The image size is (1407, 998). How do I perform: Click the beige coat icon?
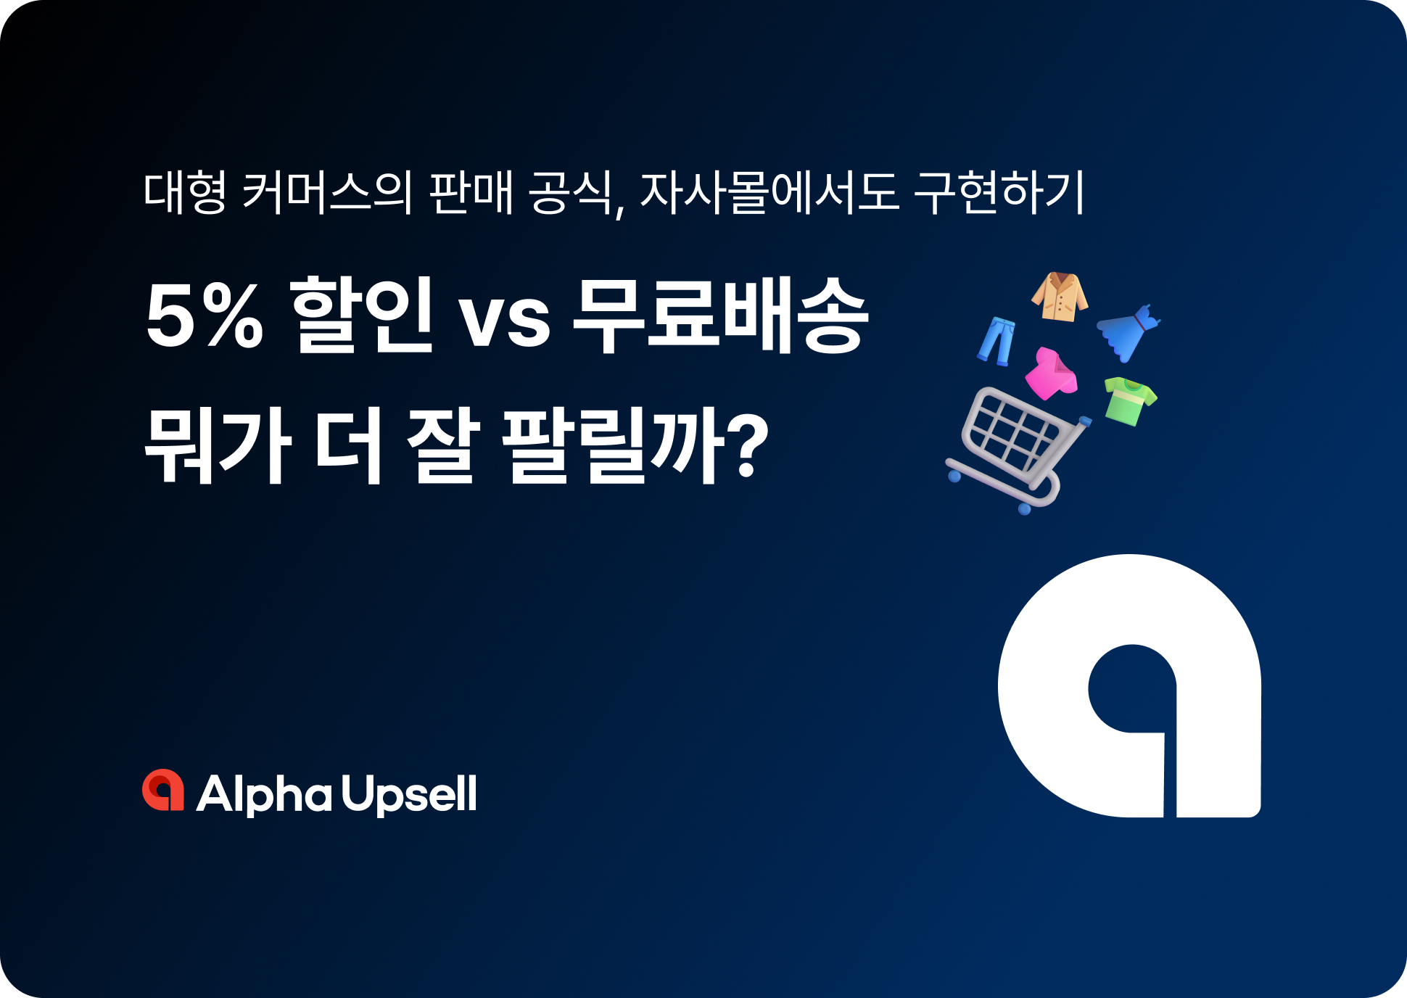coord(1060,297)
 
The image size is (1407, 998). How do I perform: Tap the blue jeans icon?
coord(997,340)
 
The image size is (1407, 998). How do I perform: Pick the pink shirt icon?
coord(1051,374)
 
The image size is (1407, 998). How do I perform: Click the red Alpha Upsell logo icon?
coord(163,791)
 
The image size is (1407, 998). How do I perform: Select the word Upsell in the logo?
coord(409,795)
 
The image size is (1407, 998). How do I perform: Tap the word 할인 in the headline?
coord(361,316)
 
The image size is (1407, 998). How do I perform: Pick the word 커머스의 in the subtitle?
coord(327,192)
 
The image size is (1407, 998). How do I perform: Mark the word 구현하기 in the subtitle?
coord(999,192)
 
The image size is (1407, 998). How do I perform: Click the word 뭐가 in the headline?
coord(218,444)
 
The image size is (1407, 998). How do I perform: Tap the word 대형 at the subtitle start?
coord(185,192)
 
